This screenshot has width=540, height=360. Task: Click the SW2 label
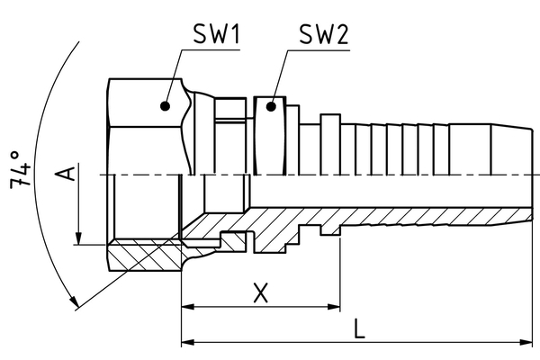click(322, 35)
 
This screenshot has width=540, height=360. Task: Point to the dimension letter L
click(359, 329)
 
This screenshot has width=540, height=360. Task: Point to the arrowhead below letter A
click(79, 238)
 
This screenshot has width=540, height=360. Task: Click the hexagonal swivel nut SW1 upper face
click(144, 126)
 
